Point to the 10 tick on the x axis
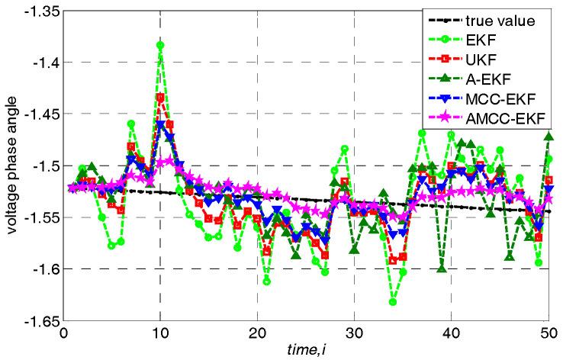[x=160, y=333]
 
